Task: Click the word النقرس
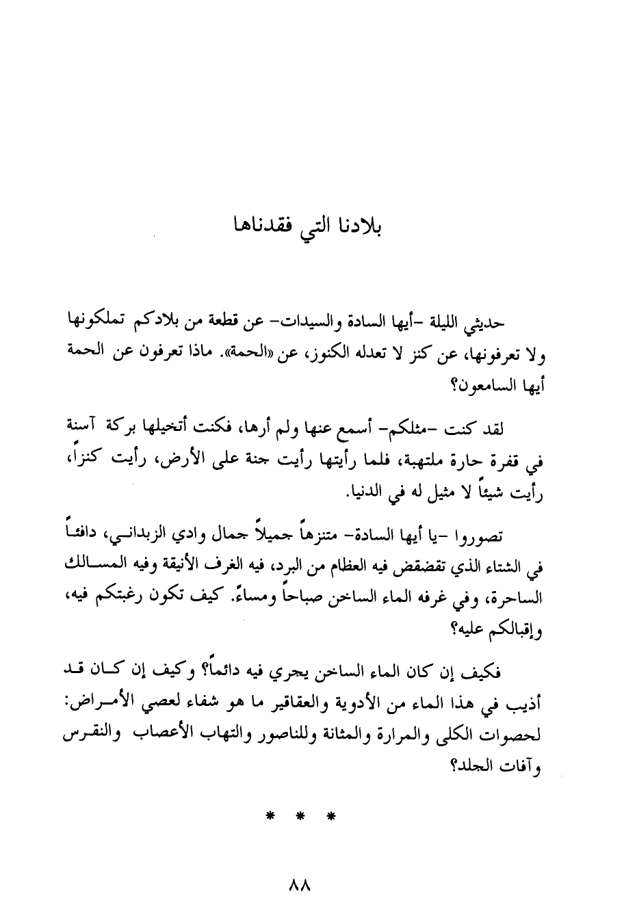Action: point(88,738)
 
